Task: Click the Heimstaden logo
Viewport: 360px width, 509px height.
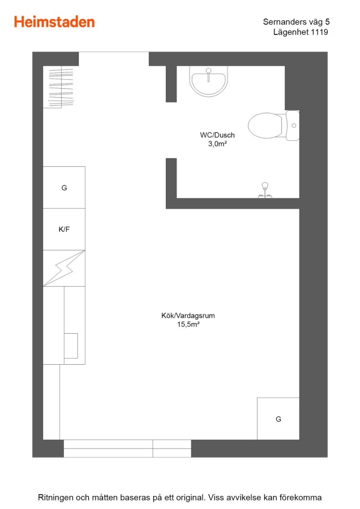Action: (x=54, y=22)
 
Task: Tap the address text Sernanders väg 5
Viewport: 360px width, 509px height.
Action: (x=296, y=21)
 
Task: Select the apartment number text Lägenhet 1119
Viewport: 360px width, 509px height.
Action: (x=301, y=32)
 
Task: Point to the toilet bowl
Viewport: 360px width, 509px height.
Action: (x=265, y=126)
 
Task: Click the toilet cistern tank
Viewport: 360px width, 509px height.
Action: (x=293, y=126)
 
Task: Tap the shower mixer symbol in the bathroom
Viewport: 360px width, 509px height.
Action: (x=265, y=190)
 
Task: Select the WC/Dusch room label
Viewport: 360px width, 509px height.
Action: (x=217, y=135)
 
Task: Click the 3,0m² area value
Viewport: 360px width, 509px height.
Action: (x=217, y=144)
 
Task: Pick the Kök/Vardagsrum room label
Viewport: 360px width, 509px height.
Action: (x=188, y=316)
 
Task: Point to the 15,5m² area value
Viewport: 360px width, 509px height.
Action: (x=188, y=324)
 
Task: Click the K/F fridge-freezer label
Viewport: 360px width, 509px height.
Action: (x=64, y=229)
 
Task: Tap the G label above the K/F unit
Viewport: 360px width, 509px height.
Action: (x=65, y=188)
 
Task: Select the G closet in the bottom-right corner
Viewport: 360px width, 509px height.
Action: (x=278, y=419)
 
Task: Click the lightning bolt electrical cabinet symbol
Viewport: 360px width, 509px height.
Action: (x=64, y=268)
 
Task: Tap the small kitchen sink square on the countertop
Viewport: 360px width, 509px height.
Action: (x=71, y=346)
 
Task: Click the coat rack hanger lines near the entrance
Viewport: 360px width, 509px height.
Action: (x=61, y=87)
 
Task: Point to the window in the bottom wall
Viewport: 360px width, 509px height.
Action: (x=127, y=448)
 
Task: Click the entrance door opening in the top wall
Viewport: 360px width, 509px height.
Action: (x=114, y=59)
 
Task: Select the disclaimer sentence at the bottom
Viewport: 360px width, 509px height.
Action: (x=179, y=497)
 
